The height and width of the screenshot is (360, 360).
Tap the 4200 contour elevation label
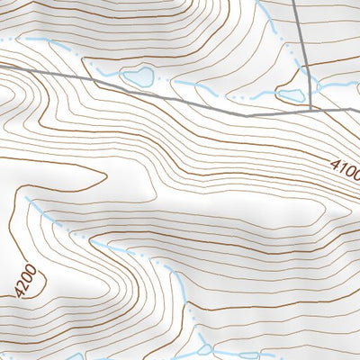click(28, 280)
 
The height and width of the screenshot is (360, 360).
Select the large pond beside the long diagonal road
click(139, 77)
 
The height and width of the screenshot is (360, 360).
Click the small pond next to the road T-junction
click(290, 95)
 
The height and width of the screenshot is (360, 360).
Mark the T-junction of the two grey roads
click(311, 110)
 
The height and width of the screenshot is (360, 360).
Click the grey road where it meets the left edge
click(3, 65)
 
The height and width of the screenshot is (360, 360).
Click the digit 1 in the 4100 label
click(340, 167)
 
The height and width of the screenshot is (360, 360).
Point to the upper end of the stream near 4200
click(26, 197)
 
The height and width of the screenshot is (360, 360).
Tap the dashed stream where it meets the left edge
click(3, 40)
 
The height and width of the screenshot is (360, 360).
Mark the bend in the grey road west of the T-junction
click(247, 116)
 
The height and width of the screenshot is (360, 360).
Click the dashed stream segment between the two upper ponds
click(216, 90)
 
